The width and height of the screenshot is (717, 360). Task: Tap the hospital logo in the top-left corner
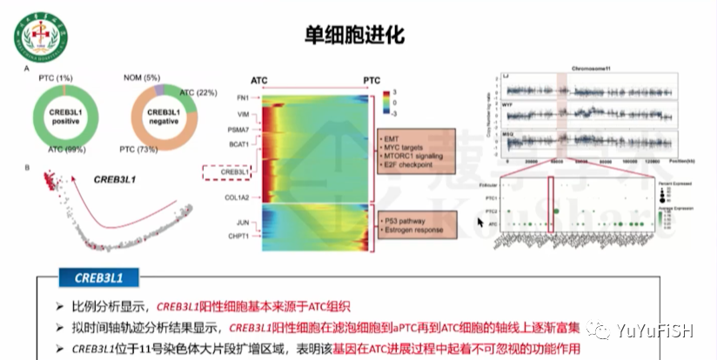point(31,29)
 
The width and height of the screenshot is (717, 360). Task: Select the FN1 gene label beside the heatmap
point(243,97)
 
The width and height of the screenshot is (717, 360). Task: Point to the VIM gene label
point(244,114)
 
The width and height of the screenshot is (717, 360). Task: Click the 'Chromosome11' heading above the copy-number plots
point(596,67)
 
